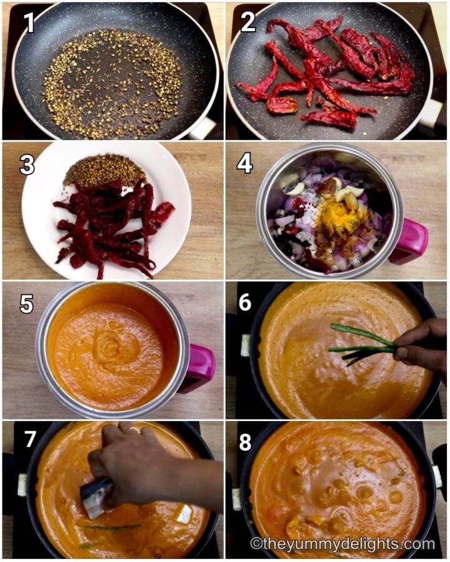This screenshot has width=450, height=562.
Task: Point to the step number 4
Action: point(245,164)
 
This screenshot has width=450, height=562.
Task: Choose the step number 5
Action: point(26,303)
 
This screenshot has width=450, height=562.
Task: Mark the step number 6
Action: point(245,303)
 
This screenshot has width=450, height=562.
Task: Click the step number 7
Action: point(29,440)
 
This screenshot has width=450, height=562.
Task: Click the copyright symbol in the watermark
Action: point(256,543)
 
